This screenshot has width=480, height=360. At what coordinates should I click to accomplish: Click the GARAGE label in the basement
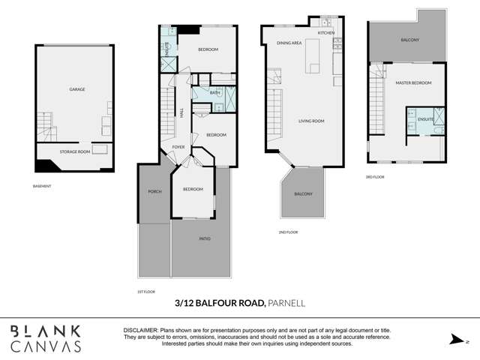pos(77,89)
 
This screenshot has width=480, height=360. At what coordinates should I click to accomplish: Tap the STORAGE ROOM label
pos(74,152)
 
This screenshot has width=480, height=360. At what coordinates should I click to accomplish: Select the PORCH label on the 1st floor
pos(154,192)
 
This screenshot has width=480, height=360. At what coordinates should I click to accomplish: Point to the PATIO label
pos(205,239)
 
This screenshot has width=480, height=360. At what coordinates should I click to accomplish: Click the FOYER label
pos(178,147)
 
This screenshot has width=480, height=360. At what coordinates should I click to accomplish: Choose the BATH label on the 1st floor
pos(204,93)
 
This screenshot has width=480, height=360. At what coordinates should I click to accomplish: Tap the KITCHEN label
pos(325,34)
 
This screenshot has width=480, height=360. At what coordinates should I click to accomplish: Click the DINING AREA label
pos(289,43)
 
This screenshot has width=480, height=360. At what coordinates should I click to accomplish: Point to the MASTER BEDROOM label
pos(413,83)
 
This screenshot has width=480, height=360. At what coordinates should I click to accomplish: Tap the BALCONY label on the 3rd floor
pos(410,40)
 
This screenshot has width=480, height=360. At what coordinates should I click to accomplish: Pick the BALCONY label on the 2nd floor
pos(303,194)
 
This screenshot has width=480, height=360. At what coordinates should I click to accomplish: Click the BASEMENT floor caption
pos(43,186)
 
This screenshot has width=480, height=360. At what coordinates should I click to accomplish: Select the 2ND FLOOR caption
pos(288,232)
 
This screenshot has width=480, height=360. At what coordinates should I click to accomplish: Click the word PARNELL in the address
pos(287,303)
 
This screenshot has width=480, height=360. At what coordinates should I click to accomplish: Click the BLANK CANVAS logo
pos(45,337)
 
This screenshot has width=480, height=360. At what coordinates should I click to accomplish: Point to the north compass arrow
pos(454,340)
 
